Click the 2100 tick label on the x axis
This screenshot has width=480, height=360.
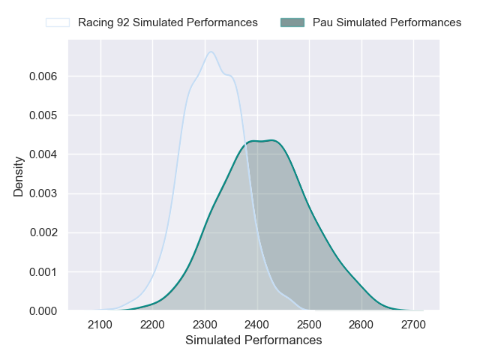coord(100,325)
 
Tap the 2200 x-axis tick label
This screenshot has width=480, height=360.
coord(152,325)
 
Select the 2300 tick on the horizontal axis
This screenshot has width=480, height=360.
coord(205,325)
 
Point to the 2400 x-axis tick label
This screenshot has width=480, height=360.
coord(257,325)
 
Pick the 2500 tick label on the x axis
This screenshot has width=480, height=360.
coord(309,325)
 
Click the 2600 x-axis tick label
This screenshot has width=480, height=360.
coord(361,325)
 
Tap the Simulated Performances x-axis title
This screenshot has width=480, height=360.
coord(253,340)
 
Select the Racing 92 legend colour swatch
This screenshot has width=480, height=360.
coord(58,22)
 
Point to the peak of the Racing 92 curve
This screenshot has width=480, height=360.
coord(211,52)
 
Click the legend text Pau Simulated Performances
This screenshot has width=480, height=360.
coord(387,22)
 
